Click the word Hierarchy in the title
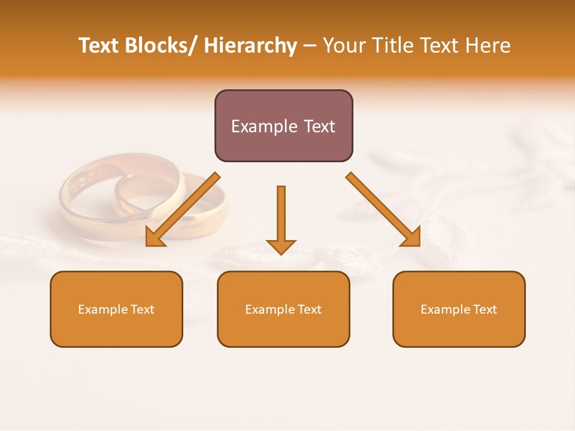point(250,45)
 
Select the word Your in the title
point(343,45)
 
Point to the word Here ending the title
point(488,45)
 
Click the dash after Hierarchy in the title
point(310,45)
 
